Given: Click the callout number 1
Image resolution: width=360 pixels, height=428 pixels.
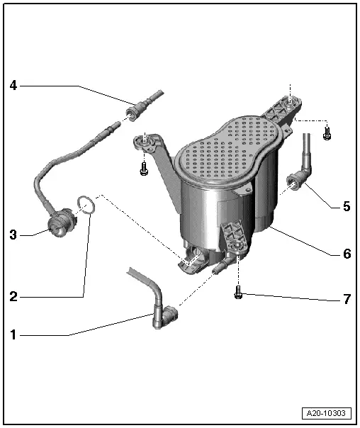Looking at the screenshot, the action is click(x=13, y=334).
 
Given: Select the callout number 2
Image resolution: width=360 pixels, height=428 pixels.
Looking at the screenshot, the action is click(x=13, y=296).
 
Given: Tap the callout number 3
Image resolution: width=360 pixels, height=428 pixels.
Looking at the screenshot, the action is click(x=13, y=235).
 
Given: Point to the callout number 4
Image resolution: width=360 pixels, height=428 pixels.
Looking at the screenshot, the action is click(x=13, y=86).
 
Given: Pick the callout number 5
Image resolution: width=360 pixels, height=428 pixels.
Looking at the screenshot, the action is click(x=347, y=206).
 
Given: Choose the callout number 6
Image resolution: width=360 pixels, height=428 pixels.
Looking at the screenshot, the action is click(x=347, y=254).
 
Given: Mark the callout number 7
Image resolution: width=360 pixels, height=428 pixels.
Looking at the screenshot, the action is click(x=347, y=299).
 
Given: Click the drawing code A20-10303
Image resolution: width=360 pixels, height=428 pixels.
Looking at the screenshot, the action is click(x=326, y=413).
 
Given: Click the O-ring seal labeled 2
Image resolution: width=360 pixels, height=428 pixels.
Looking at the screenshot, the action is click(x=86, y=205).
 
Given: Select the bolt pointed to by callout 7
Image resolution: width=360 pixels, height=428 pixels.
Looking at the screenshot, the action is click(x=238, y=293).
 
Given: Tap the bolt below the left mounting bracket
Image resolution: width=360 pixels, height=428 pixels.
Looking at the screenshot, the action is click(x=144, y=169).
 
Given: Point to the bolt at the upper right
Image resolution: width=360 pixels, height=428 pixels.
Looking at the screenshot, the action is click(x=327, y=134).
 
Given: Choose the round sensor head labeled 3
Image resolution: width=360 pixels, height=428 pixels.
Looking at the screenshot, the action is click(x=60, y=223).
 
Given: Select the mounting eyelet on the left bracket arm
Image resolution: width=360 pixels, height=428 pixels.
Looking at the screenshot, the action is click(x=145, y=141).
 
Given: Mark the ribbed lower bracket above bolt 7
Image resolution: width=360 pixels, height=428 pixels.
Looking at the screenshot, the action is click(x=235, y=237).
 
